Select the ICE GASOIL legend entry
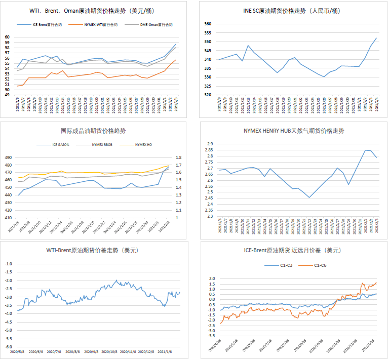63,145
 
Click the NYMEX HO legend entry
145,145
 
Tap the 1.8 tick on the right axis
179,157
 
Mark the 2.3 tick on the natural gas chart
210,216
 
